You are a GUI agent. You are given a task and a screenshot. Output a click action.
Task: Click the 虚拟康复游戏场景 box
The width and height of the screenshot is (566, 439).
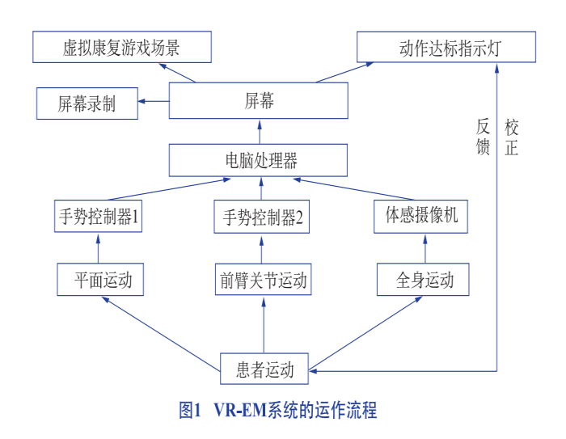(122, 48)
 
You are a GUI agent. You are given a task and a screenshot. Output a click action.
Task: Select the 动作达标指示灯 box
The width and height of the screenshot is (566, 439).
(446, 48)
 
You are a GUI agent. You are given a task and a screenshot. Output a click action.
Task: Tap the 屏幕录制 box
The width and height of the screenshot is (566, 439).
(87, 103)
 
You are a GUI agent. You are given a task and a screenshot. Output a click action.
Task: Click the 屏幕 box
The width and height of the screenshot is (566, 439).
(259, 100)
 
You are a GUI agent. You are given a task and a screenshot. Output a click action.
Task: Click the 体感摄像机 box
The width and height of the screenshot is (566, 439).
(421, 217)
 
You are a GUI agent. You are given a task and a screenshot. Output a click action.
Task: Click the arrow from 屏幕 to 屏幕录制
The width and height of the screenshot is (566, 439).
(154, 101)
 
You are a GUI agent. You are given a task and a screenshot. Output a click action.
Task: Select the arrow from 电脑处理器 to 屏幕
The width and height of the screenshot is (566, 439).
(260, 131)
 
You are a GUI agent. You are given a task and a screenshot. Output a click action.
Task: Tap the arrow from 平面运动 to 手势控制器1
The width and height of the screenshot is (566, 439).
(99, 249)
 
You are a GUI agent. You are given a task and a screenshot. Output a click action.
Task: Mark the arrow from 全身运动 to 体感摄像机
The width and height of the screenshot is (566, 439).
(422, 249)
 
